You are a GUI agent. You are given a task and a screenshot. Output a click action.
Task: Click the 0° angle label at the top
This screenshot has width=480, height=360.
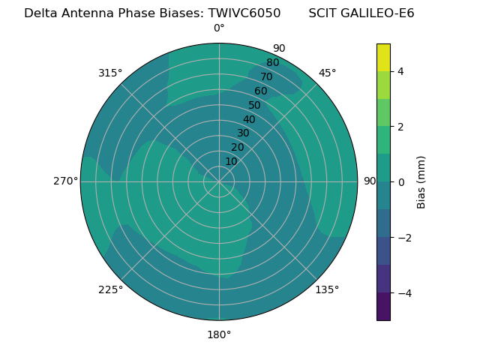[219, 28]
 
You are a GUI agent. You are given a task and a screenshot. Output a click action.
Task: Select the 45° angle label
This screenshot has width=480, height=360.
[327, 73]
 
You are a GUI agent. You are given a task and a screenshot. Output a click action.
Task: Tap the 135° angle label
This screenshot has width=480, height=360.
[327, 289]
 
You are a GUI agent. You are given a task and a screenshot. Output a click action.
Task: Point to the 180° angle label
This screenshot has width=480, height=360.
[219, 334]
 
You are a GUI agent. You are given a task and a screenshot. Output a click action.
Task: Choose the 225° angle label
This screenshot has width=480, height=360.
[110, 289]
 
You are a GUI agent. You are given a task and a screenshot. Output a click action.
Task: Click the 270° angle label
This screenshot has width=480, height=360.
[65, 181]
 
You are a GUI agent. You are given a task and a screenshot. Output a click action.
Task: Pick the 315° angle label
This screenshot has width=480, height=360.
[110, 73]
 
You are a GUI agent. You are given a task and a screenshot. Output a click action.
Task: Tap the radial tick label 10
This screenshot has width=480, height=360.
[231, 161]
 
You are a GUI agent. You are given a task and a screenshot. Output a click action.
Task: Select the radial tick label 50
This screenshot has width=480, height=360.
[255, 106]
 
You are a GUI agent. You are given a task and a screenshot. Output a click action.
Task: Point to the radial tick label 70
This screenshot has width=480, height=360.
[267, 77]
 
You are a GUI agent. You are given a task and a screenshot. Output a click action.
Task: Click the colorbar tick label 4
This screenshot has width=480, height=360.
[401, 71]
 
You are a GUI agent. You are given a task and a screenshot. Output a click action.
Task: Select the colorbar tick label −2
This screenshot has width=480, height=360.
[403, 238]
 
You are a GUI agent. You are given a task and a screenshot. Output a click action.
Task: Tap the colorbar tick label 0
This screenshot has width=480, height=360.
[401, 182]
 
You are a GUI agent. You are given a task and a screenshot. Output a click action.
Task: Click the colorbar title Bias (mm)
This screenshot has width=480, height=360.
[421, 182]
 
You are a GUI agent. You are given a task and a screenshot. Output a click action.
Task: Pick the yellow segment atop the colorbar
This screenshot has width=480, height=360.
[383, 57]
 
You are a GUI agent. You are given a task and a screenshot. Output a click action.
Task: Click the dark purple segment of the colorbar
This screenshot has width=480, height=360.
[383, 307]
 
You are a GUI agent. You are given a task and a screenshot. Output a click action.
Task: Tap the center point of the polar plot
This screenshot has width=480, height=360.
[219, 181]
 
